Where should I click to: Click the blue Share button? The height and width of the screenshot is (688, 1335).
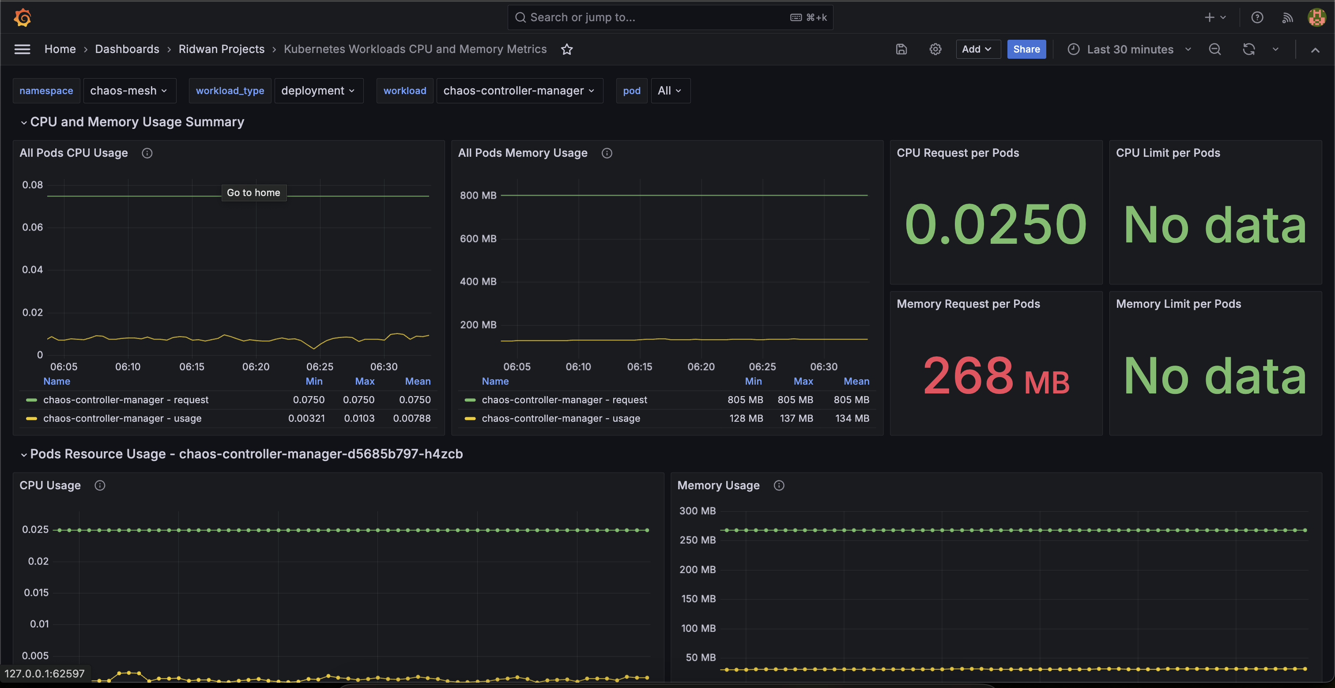coord(1026,49)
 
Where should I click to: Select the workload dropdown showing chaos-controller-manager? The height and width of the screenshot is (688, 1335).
coord(519,91)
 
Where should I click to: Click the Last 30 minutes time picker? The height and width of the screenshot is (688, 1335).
coord(1130,49)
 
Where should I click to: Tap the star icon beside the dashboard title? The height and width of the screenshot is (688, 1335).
coord(567,49)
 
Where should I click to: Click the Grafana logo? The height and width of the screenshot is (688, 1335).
coord(22,17)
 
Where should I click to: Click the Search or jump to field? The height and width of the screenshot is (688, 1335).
coord(670,17)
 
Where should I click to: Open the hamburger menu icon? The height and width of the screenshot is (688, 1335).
coord(22,49)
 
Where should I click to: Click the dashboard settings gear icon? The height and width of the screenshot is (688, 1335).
coord(935,49)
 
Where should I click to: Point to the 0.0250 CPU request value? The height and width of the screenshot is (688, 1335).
coord(996,224)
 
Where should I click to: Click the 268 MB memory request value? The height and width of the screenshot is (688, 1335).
coord(996,376)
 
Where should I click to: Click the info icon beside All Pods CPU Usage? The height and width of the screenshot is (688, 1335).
coord(147,153)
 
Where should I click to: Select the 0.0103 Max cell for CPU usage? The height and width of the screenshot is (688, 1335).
coord(359,418)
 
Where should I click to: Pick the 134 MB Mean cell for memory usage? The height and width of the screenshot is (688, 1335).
coord(852,418)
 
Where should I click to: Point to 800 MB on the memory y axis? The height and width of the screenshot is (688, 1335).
coord(478,196)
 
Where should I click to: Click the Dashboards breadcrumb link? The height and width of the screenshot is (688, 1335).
coord(127,49)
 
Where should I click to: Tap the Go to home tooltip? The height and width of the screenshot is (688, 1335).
coord(253,193)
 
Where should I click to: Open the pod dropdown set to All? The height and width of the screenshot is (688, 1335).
coord(670,91)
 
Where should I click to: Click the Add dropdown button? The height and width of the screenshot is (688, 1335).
coord(977,49)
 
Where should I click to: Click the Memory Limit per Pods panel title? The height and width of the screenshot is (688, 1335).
coord(1178,304)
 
